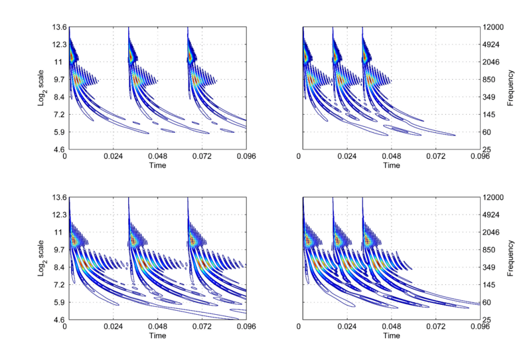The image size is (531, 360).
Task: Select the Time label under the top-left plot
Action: [x=157, y=166]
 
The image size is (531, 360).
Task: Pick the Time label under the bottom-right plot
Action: [x=390, y=336]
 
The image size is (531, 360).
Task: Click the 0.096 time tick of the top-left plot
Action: [x=246, y=158]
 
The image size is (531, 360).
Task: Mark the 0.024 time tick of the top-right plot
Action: [x=345, y=158]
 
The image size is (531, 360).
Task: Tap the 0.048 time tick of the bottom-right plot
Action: [x=390, y=328]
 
